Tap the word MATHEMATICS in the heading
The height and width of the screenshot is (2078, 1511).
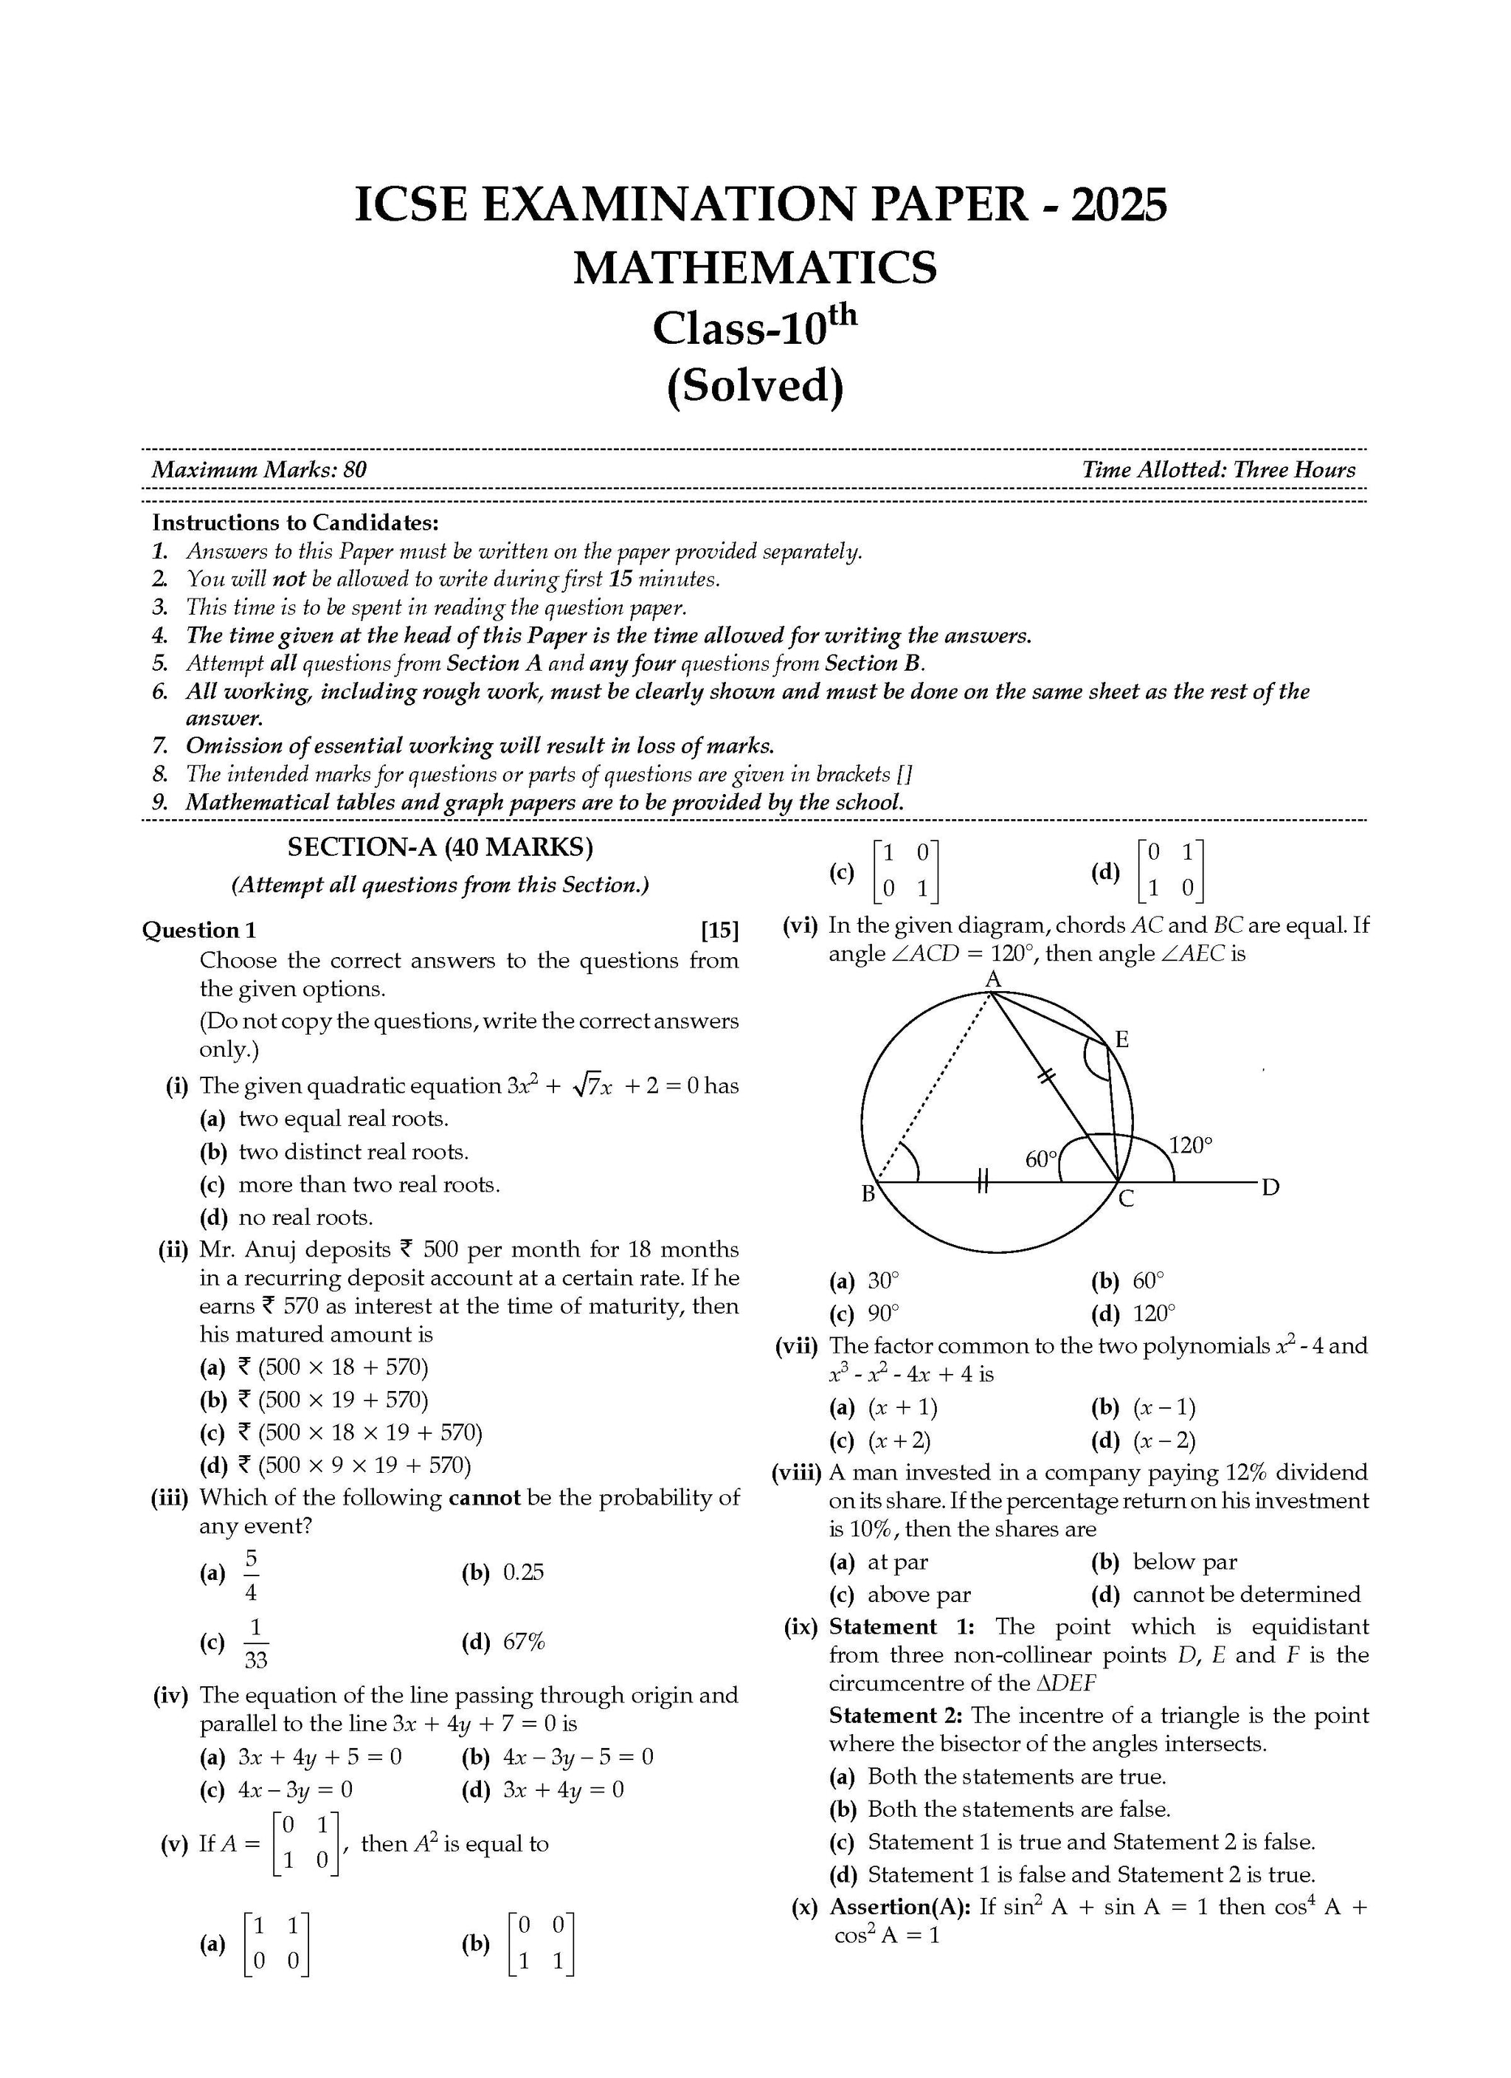[x=755, y=268]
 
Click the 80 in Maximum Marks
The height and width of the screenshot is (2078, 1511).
[x=355, y=470]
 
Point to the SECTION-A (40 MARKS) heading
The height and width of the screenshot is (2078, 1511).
[x=440, y=846]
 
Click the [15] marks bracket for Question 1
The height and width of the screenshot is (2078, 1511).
[x=719, y=930]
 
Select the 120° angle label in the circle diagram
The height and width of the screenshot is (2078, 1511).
[x=1190, y=1145]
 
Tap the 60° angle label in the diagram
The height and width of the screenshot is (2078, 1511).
[x=1041, y=1159]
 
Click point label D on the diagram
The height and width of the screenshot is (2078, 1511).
[x=1269, y=1188]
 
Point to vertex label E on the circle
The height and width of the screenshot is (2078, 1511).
[x=1121, y=1039]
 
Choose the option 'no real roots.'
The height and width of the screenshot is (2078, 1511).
[x=305, y=1217]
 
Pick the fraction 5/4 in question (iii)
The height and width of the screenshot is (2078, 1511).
[x=251, y=1573]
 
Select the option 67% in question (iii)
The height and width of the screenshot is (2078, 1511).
[x=524, y=1642]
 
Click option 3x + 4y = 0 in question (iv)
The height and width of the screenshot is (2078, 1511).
[x=563, y=1789]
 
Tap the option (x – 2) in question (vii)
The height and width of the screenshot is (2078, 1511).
[x=1163, y=1440]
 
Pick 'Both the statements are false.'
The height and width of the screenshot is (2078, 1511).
[x=1018, y=1809]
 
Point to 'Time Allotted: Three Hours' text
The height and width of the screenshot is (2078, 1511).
[x=1218, y=470]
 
